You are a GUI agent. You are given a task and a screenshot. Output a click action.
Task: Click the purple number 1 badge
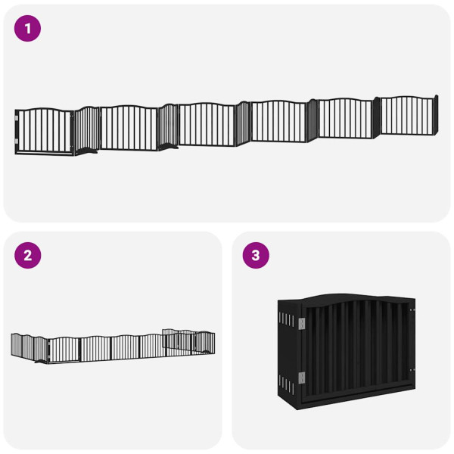28,29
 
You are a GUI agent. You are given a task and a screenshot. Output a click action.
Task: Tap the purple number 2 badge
28,255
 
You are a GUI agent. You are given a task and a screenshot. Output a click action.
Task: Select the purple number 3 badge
255,255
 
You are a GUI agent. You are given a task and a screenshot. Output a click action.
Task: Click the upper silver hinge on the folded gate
302,324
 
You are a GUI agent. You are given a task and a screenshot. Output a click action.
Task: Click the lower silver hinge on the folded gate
302,376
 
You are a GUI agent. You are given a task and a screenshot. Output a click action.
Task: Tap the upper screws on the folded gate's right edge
411,309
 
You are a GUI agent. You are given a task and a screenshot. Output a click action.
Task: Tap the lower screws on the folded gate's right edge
412,370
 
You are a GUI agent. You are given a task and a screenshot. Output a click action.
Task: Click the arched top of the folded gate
356,298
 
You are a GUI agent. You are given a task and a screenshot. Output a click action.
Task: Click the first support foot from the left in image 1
90,152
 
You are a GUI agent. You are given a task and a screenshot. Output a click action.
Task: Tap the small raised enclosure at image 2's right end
189,342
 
